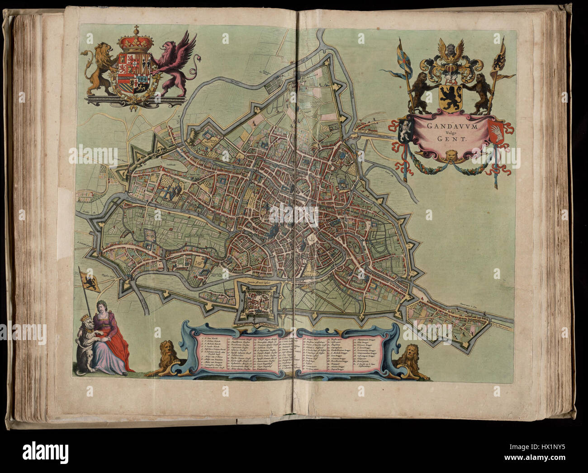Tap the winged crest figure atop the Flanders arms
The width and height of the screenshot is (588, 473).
(x=450, y=50)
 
